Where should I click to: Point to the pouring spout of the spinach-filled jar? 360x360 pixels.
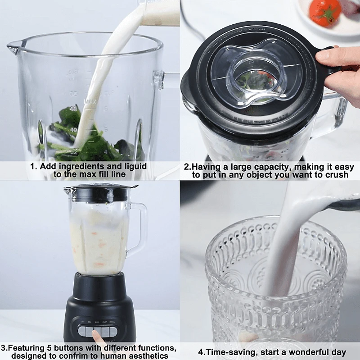click(x=13, y=45)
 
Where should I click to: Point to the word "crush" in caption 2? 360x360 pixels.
click(x=336, y=175)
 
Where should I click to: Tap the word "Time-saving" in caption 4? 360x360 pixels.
click(x=228, y=352)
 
